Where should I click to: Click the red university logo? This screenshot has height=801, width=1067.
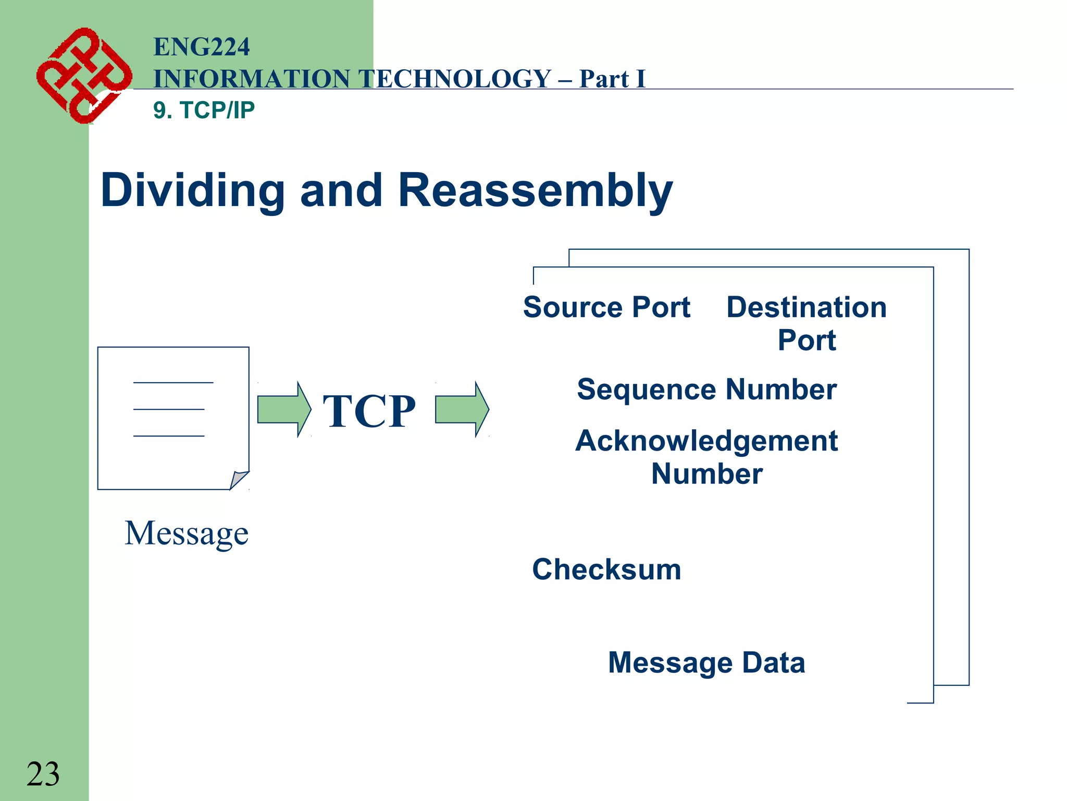click(x=83, y=76)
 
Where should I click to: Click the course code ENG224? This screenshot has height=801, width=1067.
click(x=202, y=47)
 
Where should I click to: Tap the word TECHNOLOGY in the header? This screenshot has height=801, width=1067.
click(x=456, y=79)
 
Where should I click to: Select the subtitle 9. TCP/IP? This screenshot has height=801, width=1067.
click(x=204, y=110)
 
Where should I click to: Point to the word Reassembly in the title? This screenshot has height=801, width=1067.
click(x=535, y=191)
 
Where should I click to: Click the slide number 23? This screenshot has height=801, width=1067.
click(x=43, y=774)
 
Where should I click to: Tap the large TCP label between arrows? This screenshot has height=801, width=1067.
click(x=369, y=411)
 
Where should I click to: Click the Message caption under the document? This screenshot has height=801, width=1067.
click(x=187, y=533)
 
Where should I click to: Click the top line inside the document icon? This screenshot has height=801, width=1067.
click(x=173, y=383)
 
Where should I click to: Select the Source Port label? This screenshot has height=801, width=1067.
click(x=606, y=307)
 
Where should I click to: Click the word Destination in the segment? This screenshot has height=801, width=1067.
click(x=807, y=307)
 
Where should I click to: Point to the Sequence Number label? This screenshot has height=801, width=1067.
click(x=706, y=390)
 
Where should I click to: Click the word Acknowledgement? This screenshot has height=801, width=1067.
click(x=706, y=441)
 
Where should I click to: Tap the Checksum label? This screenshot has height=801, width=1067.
click(x=606, y=569)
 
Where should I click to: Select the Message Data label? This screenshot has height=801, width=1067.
click(x=706, y=663)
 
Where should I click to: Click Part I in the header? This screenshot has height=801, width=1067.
click(x=612, y=79)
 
